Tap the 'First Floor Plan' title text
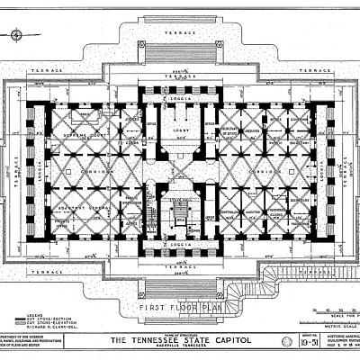pyautogui.click(x=179, y=307)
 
